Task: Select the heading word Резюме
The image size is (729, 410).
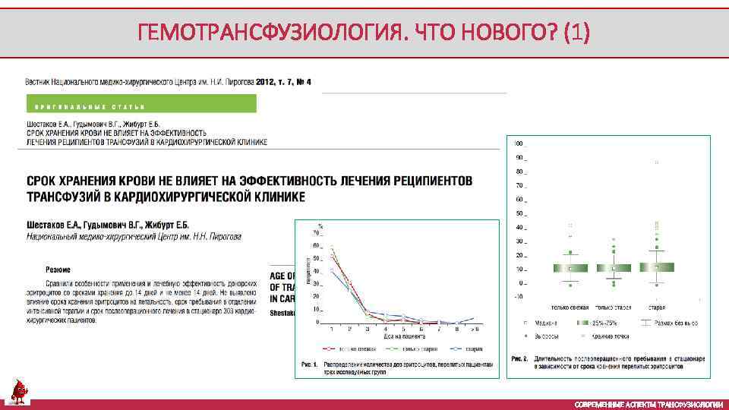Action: point(58,270)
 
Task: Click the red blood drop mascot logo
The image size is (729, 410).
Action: point(17,391)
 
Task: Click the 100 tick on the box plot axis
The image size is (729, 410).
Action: point(519,143)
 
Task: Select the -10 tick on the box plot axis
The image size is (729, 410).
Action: point(519,297)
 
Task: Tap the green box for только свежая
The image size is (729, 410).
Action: point(570,268)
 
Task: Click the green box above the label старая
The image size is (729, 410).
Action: point(657,267)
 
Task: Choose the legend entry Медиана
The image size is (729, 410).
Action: point(546,323)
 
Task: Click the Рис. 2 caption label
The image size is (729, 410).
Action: point(519,358)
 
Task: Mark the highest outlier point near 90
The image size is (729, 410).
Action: point(657,162)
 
